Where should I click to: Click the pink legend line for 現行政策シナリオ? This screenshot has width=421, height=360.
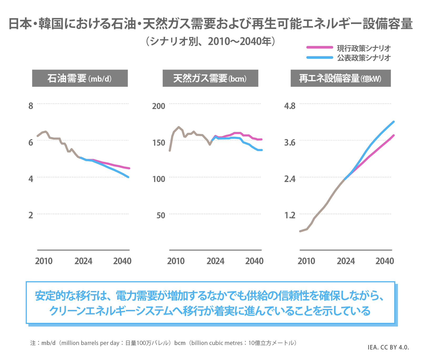[x=320, y=47]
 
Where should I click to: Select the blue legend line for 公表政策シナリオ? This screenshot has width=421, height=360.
[x=320, y=57]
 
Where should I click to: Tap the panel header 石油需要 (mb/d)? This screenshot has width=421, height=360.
[x=80, y=78]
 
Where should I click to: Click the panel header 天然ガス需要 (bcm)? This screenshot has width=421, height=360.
[x=210, y=78]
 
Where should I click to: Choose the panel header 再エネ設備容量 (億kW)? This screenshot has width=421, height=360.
[x=340, y=78]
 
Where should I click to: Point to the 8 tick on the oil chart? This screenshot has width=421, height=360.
[x=31, y=106]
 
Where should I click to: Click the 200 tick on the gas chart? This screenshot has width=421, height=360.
[x=159, y=106]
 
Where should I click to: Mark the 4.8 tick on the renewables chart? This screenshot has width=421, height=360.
[x=290, y=106]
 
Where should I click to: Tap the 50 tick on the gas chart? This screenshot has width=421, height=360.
[x=161, y=215]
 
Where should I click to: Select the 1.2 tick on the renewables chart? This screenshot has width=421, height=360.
[x=290, y=215]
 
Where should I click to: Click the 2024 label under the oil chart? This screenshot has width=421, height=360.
[x=83, y=261]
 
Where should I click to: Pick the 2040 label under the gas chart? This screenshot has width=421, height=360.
[x=254, y=261]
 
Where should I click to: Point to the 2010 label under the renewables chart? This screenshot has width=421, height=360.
[x=306, y=261]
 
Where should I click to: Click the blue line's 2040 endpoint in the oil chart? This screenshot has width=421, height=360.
[x=128, y=177]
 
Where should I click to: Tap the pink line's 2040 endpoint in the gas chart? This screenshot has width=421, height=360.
[x=262, y=139]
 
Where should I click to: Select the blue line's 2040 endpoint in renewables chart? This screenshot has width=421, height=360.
[x=394, y=122]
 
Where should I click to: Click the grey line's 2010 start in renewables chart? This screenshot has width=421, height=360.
[x=300, y=231]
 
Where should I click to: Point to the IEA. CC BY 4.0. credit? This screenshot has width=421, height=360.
[x=388, y=347]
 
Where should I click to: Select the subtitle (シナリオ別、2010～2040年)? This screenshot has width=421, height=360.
[x=210, y=41]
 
